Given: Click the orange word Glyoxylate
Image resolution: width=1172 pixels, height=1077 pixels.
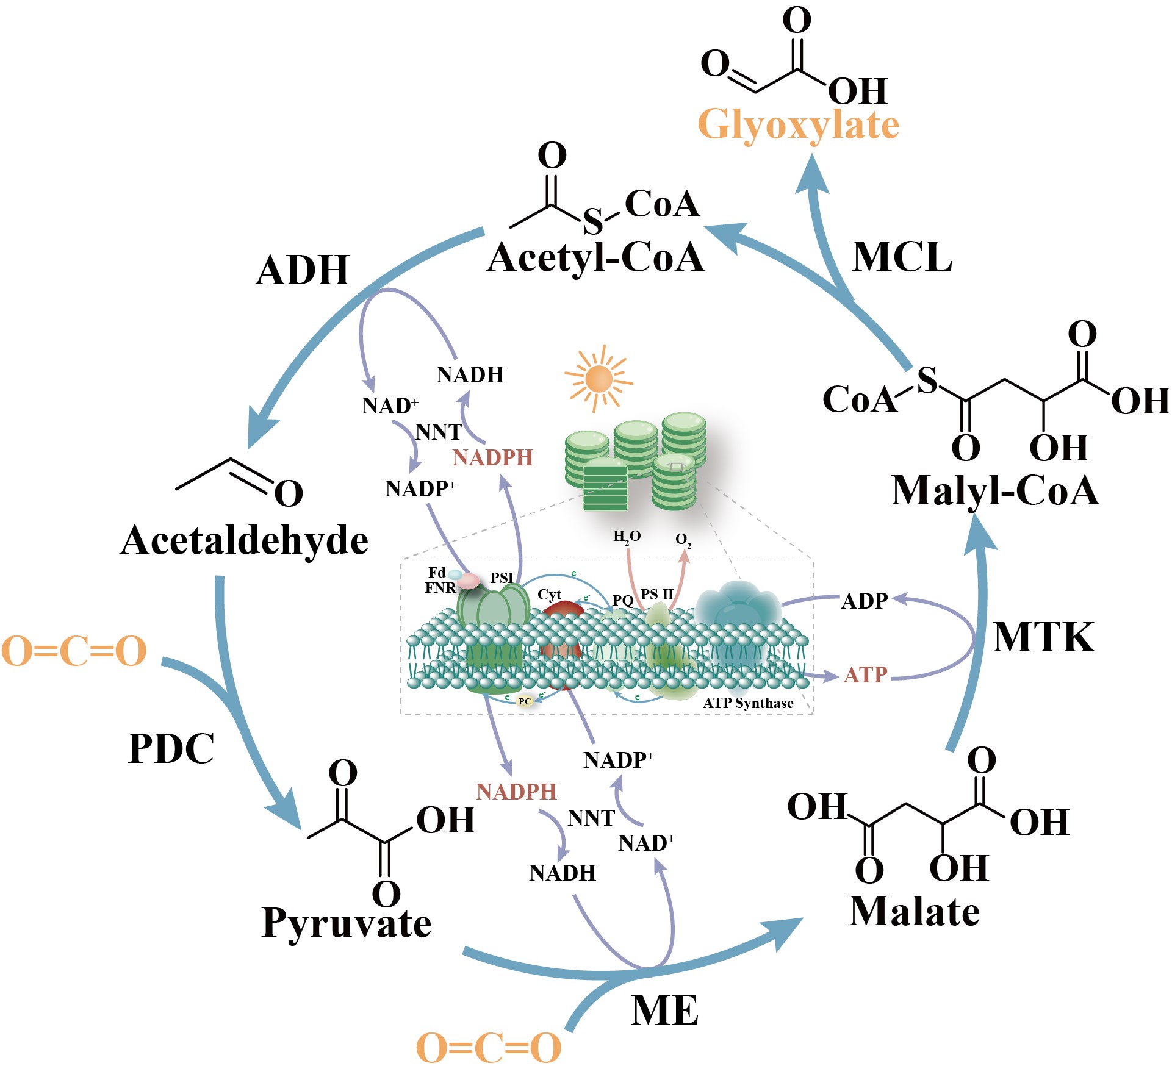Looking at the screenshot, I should tap(798, 124).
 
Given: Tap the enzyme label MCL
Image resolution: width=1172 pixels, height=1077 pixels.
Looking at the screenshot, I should tap(902, 257).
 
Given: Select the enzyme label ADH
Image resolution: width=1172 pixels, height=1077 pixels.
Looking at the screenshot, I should tap(303, 270).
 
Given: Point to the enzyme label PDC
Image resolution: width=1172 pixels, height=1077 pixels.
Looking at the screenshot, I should tap(171, 748).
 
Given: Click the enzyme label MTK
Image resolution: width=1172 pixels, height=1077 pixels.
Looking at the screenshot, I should tap(1043, 638).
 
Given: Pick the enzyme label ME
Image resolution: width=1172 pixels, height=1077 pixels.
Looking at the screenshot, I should tap(664, 1011).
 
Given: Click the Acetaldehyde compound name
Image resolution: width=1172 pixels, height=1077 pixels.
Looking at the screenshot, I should tap(245, 541).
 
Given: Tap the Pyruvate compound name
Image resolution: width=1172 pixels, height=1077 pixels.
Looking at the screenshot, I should tap(346, 923).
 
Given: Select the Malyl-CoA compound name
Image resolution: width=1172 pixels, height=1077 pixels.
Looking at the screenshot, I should tap(994, 491).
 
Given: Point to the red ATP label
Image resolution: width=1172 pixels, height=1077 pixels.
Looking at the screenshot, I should tap(865, 675).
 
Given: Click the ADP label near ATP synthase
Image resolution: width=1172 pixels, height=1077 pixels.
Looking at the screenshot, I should tap(864, 601).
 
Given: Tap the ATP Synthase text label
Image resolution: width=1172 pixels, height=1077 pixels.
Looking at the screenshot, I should tap(748, 703).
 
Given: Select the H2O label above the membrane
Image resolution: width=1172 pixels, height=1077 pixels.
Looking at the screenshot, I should tap(627, 537).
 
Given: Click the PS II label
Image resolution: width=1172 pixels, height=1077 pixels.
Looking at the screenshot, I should tap(657, 594).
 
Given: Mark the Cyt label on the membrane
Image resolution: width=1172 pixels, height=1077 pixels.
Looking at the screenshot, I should tap(549, 595).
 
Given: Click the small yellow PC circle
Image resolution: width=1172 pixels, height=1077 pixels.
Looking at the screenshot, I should tap(525, 701).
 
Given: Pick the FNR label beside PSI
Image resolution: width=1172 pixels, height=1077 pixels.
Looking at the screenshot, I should tap(440, 588).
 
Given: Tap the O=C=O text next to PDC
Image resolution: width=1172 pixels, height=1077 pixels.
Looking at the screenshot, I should tap(74, 651).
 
